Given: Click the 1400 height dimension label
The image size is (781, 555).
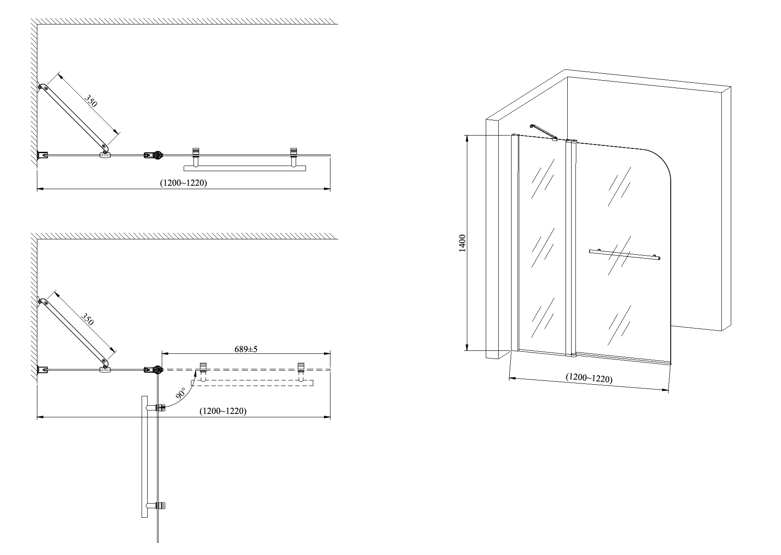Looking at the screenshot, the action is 462,243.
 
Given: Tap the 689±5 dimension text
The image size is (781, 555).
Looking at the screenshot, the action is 246,349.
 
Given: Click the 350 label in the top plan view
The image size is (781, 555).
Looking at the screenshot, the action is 91,101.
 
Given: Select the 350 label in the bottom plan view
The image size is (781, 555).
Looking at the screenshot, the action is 87,320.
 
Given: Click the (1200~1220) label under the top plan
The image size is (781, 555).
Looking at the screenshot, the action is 184,183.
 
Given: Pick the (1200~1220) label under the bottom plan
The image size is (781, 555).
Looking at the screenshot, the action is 223,411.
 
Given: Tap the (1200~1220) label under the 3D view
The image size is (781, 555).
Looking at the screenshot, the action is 589,378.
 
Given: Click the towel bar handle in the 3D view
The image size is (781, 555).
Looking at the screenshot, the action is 624,254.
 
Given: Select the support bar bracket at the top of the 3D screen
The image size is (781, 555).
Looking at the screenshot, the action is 544,132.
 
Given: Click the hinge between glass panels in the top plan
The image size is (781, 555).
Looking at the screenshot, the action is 154,155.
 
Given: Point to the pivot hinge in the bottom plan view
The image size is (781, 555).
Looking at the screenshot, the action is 154,370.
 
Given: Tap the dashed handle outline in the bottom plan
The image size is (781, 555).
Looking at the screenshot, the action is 252,383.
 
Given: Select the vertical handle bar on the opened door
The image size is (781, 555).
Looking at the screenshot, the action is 144,457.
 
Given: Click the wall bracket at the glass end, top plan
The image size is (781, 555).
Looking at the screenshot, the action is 42,155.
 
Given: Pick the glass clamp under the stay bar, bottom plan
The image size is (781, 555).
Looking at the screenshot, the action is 104,369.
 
